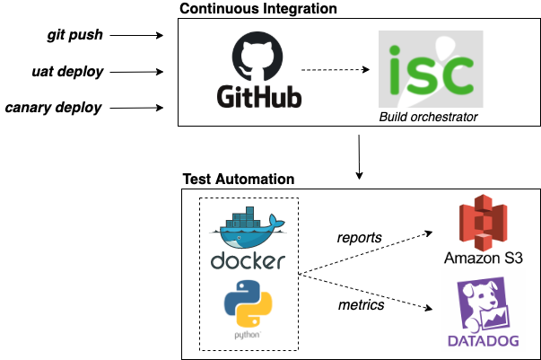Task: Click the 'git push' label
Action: click(75, 35)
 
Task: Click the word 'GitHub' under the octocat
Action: click(258, 96)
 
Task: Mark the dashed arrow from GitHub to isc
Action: click(335, 69)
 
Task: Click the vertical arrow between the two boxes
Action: click(360, 154)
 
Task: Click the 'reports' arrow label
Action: click(360, 237)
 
